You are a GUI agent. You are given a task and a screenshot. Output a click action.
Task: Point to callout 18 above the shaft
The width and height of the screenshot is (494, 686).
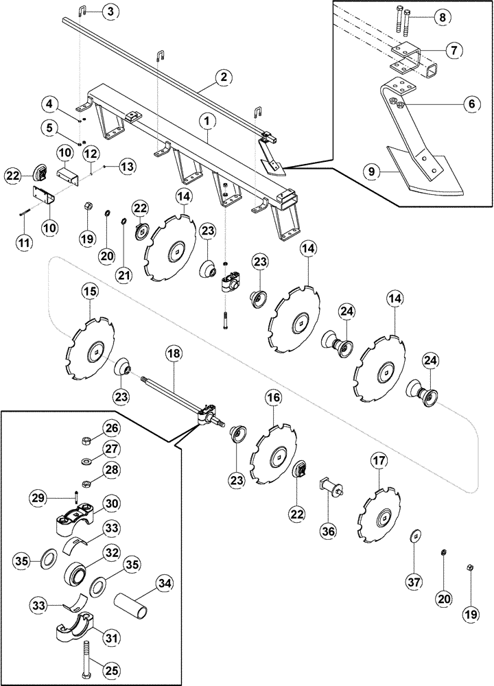[x=174, y=355]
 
